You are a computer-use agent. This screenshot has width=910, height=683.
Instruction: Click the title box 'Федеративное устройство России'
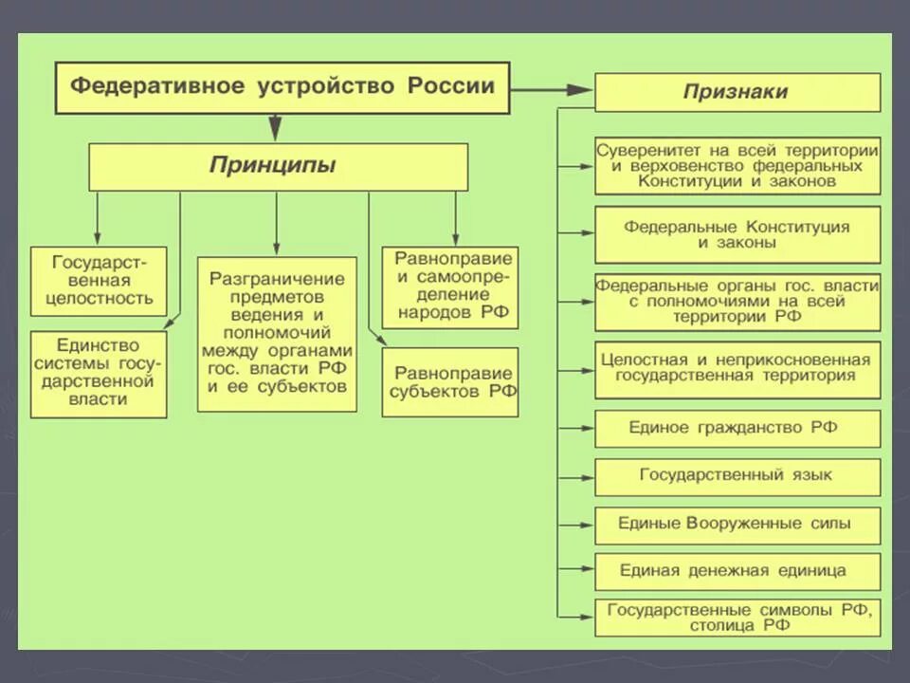[x=282, y=87]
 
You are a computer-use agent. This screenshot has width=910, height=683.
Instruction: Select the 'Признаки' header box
[x=737, y=92]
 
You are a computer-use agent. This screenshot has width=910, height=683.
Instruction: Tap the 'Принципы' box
[x=278, y=166]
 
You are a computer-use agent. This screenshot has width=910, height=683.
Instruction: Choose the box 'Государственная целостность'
[x=99, y=281]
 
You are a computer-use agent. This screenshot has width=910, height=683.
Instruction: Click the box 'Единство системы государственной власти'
[x=99, y=373]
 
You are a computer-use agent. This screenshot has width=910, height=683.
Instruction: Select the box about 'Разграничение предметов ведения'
[x=277, y=333]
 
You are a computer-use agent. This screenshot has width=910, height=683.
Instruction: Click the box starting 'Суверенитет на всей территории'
[x=737, y=166]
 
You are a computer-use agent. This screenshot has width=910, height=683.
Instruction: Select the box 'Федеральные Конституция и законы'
[x=737, y=234]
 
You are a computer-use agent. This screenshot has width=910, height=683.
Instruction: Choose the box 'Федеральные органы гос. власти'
[x=737, y=302]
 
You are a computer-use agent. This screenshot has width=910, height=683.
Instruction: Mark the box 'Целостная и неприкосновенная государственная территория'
[x=737, y=368]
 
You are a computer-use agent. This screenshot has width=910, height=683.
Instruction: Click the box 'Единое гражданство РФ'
[x=737, y=428]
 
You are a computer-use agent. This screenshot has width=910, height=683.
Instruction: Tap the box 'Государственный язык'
[x=737, y=475]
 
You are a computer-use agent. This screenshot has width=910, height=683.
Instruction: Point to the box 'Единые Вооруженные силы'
[x=737, y=524]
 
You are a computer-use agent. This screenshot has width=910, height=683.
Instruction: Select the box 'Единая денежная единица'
[x=737, y=571]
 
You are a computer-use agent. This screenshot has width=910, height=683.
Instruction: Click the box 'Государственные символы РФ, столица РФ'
[x=737, y=618]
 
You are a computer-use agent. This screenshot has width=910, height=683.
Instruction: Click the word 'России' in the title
[x=451, y=86]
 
